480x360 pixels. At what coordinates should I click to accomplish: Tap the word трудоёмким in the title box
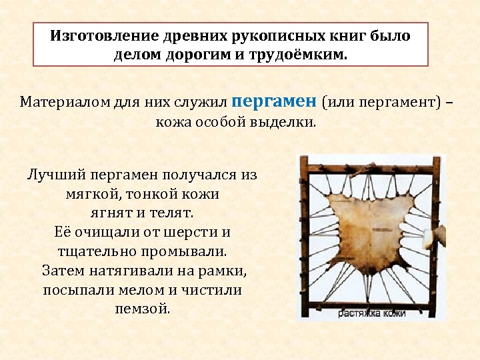299,54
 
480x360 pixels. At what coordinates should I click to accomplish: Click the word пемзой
142,309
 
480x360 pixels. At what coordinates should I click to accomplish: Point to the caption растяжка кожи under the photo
371,313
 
